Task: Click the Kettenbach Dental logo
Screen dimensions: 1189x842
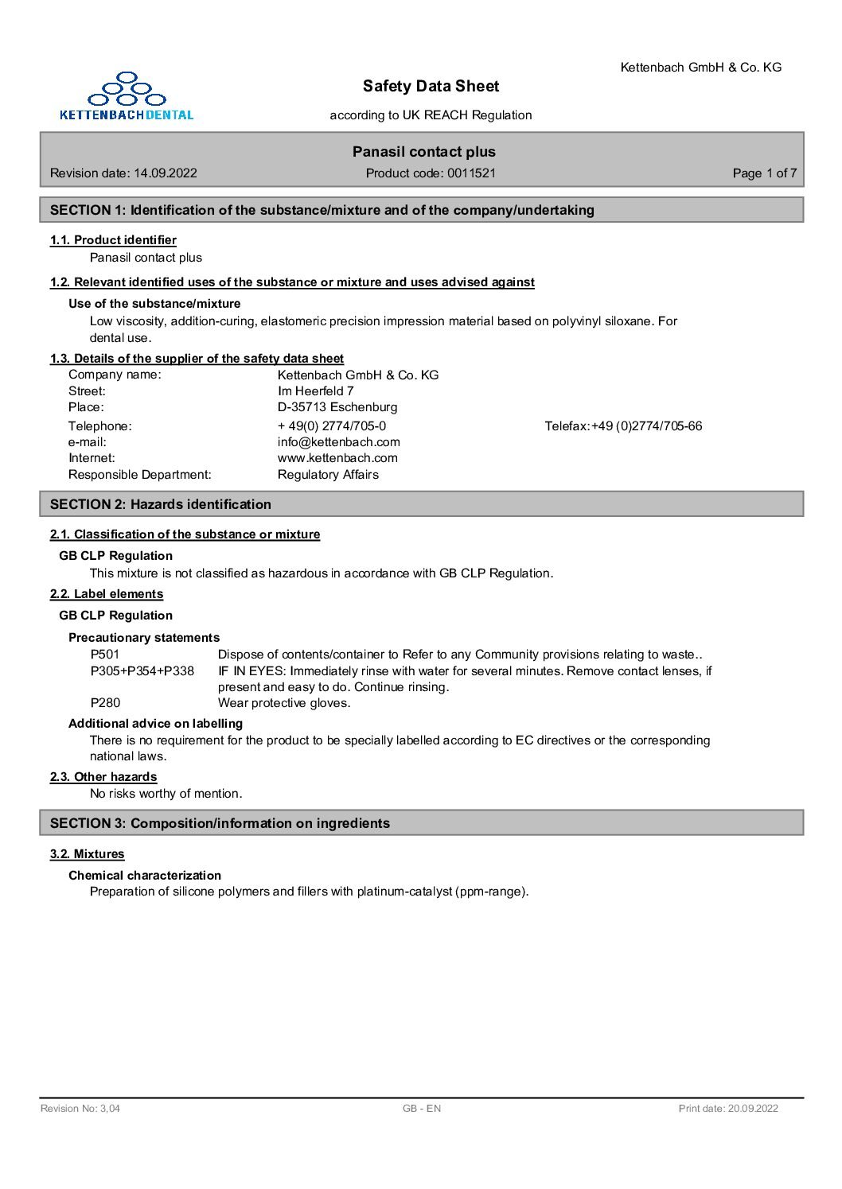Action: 127,96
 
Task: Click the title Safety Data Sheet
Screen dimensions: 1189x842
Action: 431,86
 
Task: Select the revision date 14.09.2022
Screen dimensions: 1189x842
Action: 166,173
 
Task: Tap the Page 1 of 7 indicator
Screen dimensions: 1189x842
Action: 764,173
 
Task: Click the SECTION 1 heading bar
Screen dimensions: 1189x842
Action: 421,210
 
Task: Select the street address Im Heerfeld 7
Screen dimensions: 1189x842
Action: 316,391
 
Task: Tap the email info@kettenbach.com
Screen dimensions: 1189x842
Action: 339,441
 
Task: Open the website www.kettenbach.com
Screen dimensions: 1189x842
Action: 337,457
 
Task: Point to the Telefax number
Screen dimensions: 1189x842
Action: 623,425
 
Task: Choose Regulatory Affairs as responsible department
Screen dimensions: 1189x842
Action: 328,474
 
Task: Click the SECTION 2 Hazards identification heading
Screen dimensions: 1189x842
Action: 421,504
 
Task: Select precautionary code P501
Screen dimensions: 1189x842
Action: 105,654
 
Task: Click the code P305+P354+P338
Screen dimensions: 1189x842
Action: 142,670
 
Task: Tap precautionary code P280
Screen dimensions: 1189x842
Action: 105,702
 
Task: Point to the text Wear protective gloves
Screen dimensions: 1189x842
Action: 284,702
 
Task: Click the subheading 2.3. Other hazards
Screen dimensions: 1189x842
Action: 103,776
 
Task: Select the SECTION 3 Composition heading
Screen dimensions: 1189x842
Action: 421,823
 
